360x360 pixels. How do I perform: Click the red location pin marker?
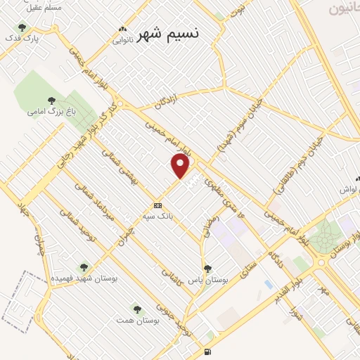click(181, 166)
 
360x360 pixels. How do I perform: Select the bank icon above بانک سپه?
click(157, 205)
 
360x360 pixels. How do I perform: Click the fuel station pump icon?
click(206, 352)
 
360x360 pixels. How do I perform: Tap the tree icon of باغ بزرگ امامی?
click(50, 100)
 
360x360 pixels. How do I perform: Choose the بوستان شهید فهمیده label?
click(84, 278)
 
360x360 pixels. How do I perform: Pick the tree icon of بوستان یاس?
click(207, 268)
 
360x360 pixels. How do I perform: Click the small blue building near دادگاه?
click(269, 284)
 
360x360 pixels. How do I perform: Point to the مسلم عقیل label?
click(47, 6)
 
